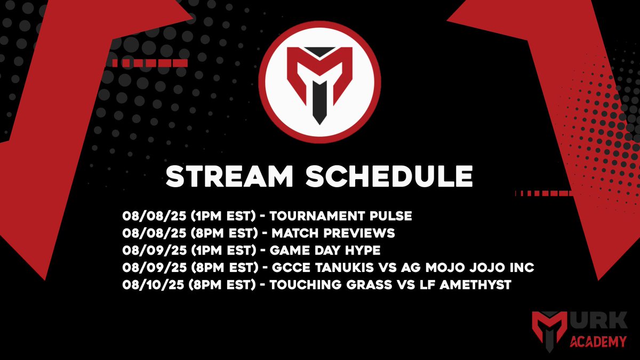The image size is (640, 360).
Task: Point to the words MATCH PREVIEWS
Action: (333, 233)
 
